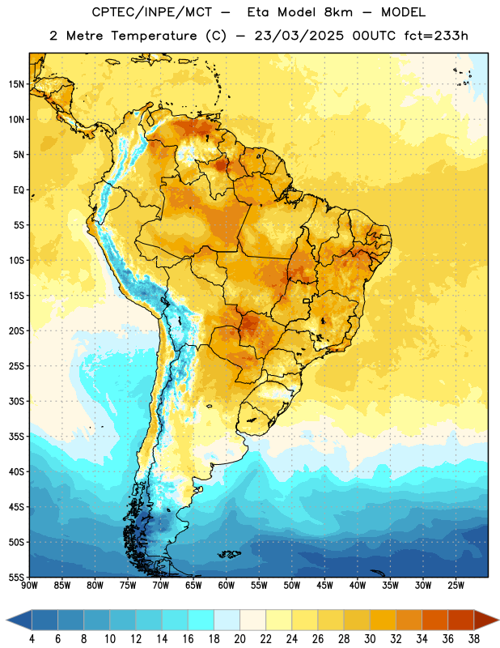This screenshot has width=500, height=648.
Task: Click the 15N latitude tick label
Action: point(15,84)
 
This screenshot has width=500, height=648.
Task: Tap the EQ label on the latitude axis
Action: point(18,190)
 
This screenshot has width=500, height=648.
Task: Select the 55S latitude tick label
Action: point(15,577)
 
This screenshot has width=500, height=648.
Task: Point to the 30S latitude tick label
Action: point(15,401)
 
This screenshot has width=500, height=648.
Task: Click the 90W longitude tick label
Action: point(29,586)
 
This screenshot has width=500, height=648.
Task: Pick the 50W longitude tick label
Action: point(292,586)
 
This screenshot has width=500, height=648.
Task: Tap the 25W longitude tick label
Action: point(456,586)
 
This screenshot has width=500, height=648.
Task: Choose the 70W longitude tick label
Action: point(161,586)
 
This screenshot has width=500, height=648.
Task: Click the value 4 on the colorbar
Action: point(32,639)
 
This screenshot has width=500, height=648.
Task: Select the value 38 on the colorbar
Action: point(474,639)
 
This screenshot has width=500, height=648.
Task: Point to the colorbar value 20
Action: point(239,639)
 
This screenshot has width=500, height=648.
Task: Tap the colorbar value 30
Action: point(370,639)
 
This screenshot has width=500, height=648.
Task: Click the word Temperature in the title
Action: point(154,36)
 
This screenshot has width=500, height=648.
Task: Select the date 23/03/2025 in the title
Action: point(299,36)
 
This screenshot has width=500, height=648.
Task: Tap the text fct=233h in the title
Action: point(436,36)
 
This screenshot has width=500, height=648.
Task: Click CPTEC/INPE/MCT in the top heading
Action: point(151,12)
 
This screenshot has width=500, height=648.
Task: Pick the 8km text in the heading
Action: point(338,12)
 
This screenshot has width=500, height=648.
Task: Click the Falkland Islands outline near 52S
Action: point(229,554)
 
